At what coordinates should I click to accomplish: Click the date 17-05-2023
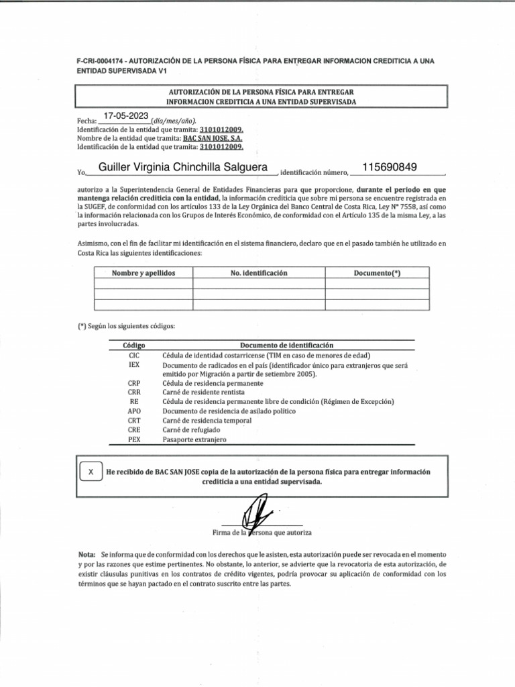126,116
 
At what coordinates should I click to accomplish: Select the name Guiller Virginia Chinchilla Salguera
183,167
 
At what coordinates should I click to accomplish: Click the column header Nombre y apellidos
144,274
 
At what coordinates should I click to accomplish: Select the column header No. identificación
258,274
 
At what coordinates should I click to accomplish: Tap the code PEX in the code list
133,439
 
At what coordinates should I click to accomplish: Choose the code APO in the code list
133,411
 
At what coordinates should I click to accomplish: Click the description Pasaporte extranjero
194,439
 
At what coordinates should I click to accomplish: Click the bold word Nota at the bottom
87,556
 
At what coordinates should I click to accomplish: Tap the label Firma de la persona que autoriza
262,533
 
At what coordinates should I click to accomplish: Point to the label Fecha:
88,120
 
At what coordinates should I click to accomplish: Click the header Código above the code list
134,345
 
